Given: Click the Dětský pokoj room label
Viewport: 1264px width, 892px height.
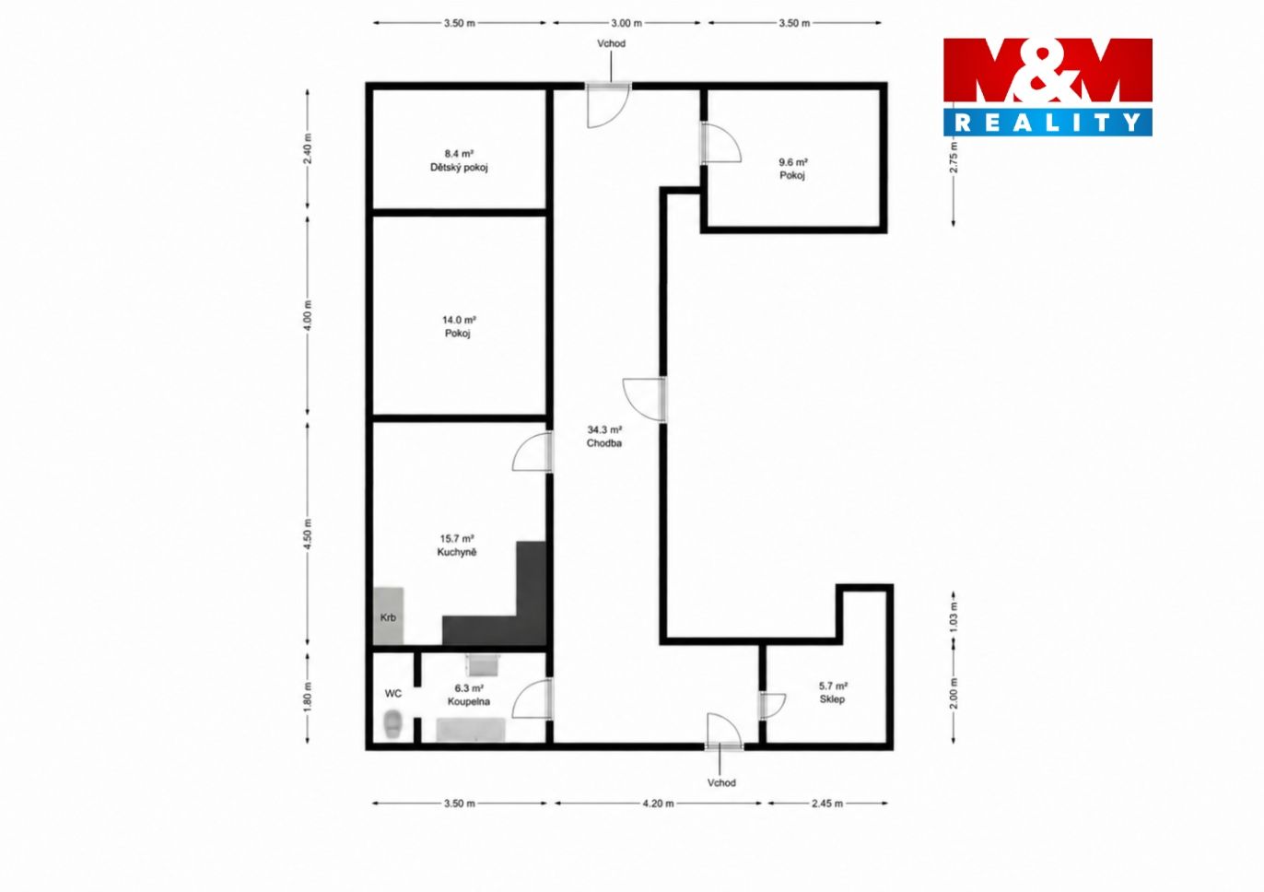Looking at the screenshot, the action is [459, 168].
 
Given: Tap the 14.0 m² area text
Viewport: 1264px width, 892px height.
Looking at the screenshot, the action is [459, 320].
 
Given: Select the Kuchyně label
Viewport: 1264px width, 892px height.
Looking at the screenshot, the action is [457, 552].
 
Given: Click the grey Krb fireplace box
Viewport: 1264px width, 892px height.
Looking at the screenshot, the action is [388, 616].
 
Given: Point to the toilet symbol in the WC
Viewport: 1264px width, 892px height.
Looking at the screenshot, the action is [392, 723].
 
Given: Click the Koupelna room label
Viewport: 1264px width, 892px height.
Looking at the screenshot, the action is [468, 702].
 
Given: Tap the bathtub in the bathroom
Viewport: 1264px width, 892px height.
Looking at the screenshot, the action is [471, 729].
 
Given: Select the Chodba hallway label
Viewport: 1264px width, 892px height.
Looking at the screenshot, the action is [603, 443].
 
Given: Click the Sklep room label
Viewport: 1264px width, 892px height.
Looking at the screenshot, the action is [832, 699].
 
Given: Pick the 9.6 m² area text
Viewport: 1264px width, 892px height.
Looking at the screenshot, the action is [793, 162].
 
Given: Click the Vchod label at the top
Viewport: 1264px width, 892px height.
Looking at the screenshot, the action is [611, 43].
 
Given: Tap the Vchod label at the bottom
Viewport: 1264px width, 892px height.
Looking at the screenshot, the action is [721, 782].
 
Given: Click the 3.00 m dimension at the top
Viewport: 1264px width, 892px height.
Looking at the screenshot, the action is [626, 23].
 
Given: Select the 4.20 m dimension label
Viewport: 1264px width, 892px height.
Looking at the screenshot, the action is [658, 804].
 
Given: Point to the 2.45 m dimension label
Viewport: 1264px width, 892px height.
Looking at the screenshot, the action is [827, 804].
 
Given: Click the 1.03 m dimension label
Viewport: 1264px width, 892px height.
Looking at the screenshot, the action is [954, 617].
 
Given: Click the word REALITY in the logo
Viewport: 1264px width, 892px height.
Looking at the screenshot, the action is [1047, 123].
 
